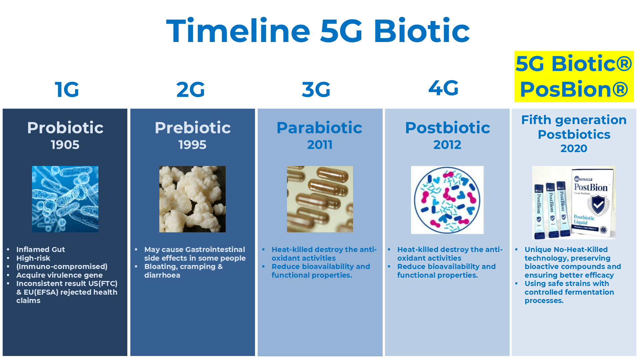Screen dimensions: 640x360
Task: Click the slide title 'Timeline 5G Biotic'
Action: (318, 31)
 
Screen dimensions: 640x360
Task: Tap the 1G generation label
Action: (67, 89)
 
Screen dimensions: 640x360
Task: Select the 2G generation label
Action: (190, 89)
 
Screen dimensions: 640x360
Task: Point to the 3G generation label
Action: (316, 89)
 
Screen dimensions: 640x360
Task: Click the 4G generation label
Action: (443, 88)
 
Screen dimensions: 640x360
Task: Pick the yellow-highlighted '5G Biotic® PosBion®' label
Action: (574, 76)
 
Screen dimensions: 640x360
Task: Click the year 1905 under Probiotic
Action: (65, 145)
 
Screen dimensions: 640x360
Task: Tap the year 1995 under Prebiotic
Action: (192, 145)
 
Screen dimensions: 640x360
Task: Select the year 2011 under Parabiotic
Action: (320, 145)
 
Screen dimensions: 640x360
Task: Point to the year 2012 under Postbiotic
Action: (447, 145)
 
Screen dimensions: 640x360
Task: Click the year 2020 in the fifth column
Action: (574, 148)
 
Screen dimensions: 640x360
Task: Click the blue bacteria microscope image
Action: (65, 199)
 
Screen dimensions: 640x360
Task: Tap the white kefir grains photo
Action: (192, 199)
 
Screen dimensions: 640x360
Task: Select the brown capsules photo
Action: (320, 199)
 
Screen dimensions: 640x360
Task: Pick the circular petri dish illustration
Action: (447, 200)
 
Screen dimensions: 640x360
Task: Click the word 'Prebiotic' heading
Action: (193, 128)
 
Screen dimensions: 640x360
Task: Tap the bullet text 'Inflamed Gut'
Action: (40, 249)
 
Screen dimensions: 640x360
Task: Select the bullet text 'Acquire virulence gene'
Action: (59, 275)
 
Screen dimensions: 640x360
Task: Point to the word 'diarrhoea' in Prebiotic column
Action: (162, 275)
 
